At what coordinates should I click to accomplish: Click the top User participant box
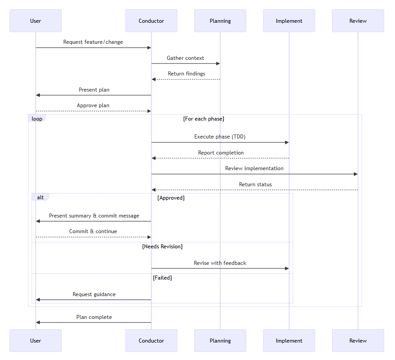click(x=35, y=21)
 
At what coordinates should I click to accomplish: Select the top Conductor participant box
click(x=151, y=21)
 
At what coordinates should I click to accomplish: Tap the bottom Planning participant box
click(x=220, y=341)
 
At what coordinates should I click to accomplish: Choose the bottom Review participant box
click(x=357, y=341)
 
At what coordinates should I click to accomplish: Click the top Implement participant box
click(x=289, y=21)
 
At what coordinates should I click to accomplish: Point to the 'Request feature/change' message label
click(x=93, y=42)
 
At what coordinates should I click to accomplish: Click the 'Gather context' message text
click(x=185, y=58)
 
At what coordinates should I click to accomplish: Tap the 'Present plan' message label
click(x=94, y=90)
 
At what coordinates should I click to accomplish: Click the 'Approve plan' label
click(x=93, y=105)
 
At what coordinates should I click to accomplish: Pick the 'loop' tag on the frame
click(x=37, y=119)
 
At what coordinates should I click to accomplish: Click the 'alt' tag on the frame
click(x=40, y=197)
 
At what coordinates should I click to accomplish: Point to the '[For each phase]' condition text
click(x=203, y=119)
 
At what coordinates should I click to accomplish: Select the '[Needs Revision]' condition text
click(x=162, y=247)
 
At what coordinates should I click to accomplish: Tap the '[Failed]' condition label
click(x=162, y=278)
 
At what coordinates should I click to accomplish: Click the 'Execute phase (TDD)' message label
click(x=220, y=137)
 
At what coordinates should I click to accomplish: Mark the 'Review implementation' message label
click(x=254, y=168)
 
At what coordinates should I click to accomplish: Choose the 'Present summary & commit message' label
click(x=94, y=216)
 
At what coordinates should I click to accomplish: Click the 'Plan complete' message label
click(x=94, y=317)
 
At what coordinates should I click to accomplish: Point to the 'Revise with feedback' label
click(x=220, y=263)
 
